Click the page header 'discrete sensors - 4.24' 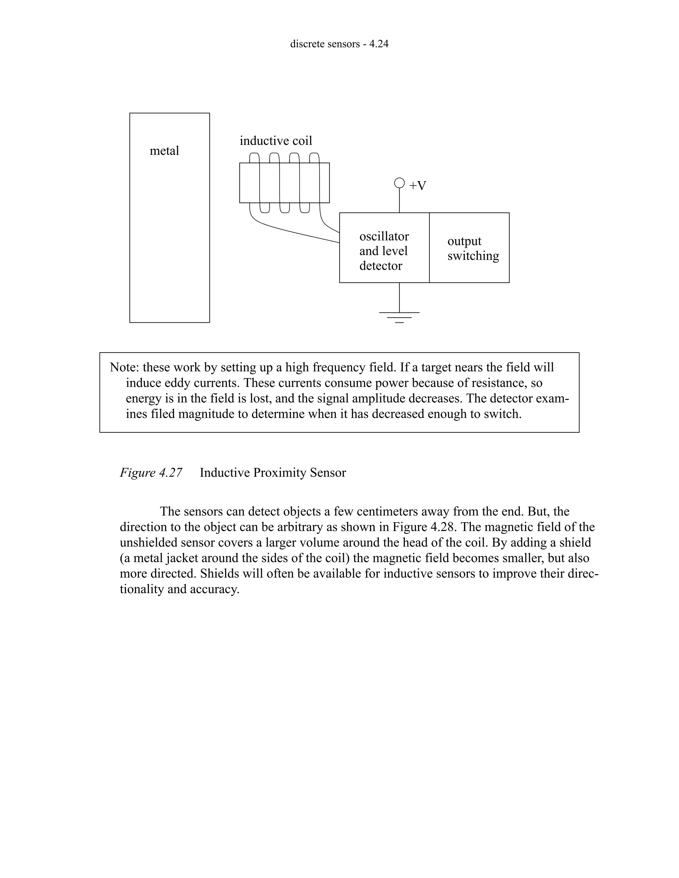(339, 44)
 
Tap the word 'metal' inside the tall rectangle (164, 151)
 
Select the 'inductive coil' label (276, 141)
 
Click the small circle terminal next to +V (399, 183)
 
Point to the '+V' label (417, 186)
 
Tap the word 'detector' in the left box (381, 266)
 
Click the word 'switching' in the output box (473, 256)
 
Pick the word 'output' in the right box (464, 241)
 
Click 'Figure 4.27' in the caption (151, 472)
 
